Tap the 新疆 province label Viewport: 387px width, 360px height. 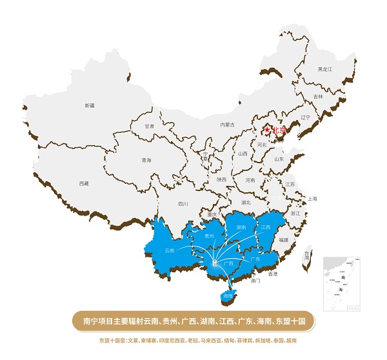tap(89, 105)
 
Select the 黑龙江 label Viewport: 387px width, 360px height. tap(324, 69)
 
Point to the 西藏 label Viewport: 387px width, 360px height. tap(84, 184)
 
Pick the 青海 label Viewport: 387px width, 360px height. tap(146, 160)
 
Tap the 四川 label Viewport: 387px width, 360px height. tap(183, 205)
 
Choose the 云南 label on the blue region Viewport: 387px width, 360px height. tap(170, 250)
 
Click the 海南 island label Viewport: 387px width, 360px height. tap(227, 296)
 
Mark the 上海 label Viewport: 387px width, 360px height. tap(312, 199)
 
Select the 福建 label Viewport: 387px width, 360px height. tap(284, 239)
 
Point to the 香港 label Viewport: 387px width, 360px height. tap(273, 274)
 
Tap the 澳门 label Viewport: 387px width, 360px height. tap(255, 281)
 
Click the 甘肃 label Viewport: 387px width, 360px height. tap(150, 126)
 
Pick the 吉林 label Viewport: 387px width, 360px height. tap(318, 97)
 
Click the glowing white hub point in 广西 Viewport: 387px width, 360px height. tap(213, 263)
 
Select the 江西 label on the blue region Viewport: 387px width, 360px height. tap(266, 228)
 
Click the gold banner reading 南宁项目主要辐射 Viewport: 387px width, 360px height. tap(193, 321)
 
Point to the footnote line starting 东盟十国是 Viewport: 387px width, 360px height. tap(193, 339)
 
